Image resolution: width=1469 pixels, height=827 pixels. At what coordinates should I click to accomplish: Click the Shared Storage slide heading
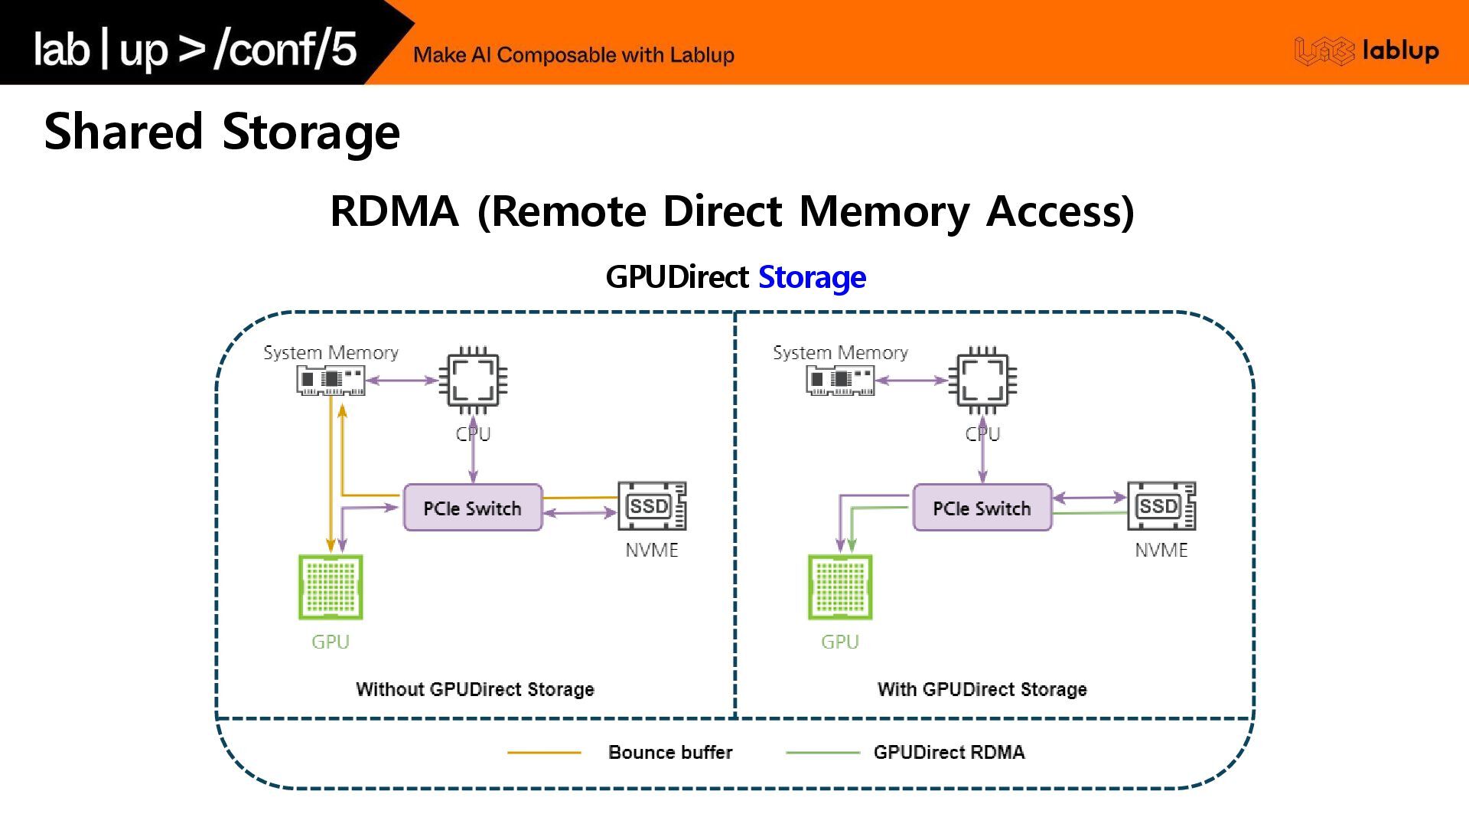(222, 132)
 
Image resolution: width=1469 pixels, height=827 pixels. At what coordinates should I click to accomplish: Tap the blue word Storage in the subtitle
(812, 277)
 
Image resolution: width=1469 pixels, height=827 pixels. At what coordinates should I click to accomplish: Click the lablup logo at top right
(1366, 51)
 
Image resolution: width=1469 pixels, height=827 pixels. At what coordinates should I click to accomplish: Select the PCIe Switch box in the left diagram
(473, 508)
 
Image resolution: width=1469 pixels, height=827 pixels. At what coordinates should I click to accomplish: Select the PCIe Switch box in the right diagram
(982, 508)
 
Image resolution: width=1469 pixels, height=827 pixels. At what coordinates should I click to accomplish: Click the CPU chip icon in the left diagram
(473, 381)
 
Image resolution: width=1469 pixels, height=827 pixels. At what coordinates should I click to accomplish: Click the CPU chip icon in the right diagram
(982, 381)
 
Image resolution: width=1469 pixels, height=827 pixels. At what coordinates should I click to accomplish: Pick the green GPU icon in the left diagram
(331, 587)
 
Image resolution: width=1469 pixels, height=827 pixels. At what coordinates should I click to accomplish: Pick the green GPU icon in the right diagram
(840, 587)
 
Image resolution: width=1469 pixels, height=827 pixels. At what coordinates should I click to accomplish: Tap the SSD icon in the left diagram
(652, 506)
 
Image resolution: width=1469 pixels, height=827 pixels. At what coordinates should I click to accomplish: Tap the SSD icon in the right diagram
(1161, 506)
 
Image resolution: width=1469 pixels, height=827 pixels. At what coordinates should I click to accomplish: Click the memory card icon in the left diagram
(331, 380)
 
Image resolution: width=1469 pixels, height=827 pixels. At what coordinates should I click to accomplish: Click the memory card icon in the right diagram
(840, 380)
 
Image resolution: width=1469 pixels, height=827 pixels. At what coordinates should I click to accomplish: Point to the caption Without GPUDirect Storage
(475, 689)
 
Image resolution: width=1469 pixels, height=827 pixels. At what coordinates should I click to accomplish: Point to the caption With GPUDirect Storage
(982, 689)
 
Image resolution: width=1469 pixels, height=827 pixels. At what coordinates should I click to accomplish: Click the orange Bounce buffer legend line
(544, 753)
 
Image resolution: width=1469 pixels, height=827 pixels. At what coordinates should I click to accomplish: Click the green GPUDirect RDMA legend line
(823, 753)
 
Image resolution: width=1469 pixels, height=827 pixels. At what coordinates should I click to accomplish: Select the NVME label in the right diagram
(1161, 550)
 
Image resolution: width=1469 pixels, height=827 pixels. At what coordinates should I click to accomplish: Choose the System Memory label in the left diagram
(331, 352)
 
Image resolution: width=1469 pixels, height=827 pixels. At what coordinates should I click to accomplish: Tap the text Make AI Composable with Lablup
(574, 55)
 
